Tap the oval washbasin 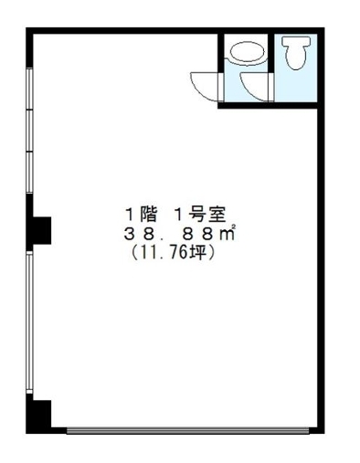click(x=247, y=52)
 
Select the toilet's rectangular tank click(x=296, y=42)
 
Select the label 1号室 click(x=200, y=215)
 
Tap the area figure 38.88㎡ click(x=180, y=234)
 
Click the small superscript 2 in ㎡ click(x=234, y=226)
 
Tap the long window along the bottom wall click(x=187, y=430)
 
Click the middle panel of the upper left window click(x=29, y=131)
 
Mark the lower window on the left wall click(x=29, y=322)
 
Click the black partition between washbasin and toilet click(x=270, y=53)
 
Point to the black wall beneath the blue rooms click(x=268, y=105)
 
